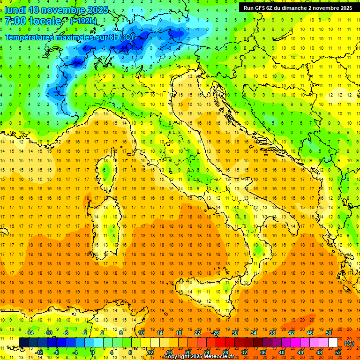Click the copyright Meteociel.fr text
202,356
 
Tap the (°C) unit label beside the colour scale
349,343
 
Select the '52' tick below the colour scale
338,352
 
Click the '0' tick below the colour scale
93,352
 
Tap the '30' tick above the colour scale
234,333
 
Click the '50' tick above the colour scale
328,333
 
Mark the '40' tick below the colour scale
281,352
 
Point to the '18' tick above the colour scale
178,333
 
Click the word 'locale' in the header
45,21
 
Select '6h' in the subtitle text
113,37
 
